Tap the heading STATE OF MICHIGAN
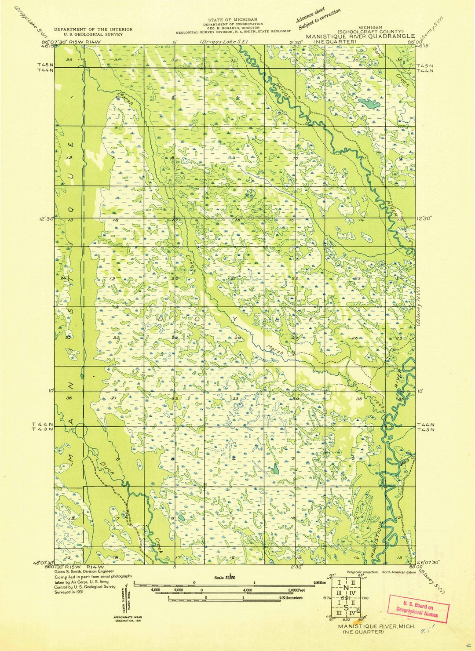pos(233,20)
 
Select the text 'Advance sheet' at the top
pos(310,16)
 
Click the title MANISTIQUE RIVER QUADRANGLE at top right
pos(360,36)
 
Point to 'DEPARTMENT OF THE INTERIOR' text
pos(93,29)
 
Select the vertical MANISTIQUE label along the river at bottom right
pos(377,540)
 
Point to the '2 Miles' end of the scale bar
pos(320,582)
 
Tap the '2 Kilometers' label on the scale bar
pos(291,598)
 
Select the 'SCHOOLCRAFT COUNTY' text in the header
pos(370,32)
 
